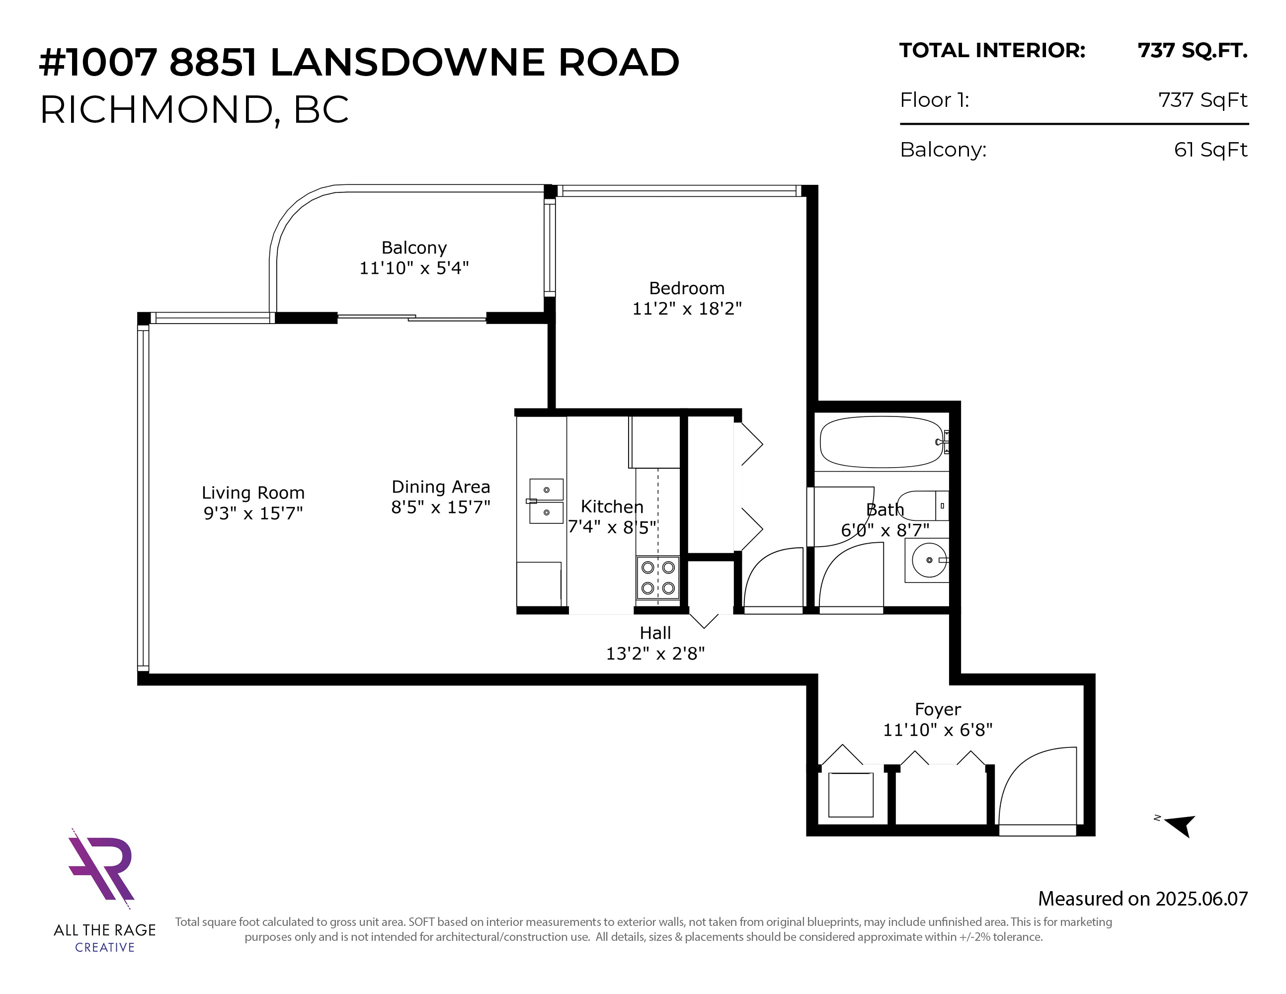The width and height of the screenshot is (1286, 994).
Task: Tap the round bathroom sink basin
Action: (x=929, y=560)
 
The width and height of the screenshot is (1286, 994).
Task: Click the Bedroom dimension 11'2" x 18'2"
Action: (x=687, y=309)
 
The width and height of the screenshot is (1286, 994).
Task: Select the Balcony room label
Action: (x=414, y=248)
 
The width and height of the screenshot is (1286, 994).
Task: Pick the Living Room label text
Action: (x=253, y=493)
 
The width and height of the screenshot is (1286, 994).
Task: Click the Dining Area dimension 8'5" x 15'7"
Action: (x=440, y=507)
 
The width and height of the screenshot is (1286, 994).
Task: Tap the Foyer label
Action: (x=937, y=710)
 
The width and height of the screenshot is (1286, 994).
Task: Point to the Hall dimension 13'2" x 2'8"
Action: (x=655, y=654)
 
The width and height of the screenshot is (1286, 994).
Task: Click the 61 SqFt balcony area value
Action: (x=1210, y=150)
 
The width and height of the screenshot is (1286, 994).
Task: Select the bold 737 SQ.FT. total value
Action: (x=1193, y=51)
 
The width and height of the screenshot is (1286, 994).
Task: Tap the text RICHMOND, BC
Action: (x=194, y=110)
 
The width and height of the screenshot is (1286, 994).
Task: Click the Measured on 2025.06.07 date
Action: (x=1142, y=899)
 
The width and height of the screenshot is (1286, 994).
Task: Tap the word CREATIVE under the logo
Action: (x=105, y=947)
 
